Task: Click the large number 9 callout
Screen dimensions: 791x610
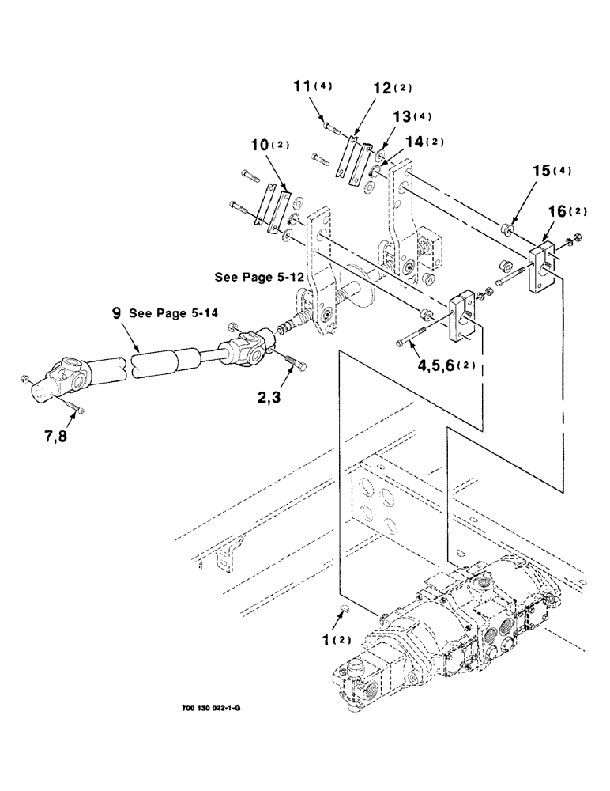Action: (117, 313)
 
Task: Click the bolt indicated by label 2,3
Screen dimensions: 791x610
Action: (295, 362)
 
